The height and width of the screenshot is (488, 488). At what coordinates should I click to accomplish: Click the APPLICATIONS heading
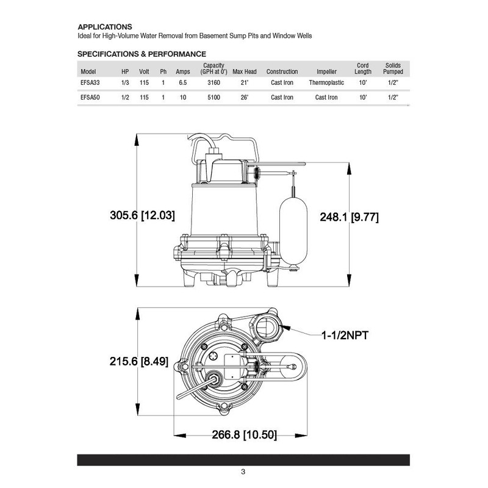coord(106,27)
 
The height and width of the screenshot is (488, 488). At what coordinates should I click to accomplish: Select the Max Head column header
coord(245,71)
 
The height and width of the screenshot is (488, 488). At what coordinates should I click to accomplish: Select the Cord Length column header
coord(363,68)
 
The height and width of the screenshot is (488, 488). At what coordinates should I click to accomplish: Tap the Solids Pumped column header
coord(393,68)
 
